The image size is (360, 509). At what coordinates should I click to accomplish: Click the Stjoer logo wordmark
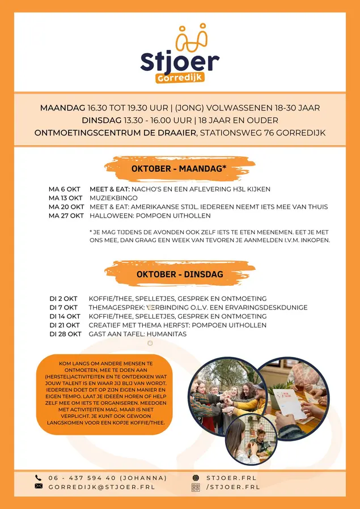click(180, 61)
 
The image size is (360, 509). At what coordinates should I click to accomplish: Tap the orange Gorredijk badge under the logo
click(180, 78)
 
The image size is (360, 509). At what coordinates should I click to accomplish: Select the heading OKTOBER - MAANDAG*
click(179, 168)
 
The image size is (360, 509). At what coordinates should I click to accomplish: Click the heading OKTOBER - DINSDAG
click(180, 274)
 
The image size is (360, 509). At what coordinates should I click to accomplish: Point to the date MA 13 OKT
click(65, 198)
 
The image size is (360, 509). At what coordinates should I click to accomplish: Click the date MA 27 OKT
click(66, 215)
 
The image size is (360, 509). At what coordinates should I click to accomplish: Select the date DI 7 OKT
click(63, 307)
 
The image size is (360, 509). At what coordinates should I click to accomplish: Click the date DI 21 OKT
click(65, 325)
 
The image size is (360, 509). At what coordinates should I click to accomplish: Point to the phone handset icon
click(39, 478)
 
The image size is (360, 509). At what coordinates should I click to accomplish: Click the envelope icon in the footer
click(39, 486)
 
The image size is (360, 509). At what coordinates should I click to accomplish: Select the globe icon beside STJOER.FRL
click(196, 478)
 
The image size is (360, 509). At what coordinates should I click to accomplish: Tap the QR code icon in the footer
click(196, 487)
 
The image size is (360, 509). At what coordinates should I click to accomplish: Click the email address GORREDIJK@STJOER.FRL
click(101, 487)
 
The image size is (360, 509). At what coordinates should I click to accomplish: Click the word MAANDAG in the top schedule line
click(62, 108)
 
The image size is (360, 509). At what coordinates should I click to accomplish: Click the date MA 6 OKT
click(64, 189)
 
